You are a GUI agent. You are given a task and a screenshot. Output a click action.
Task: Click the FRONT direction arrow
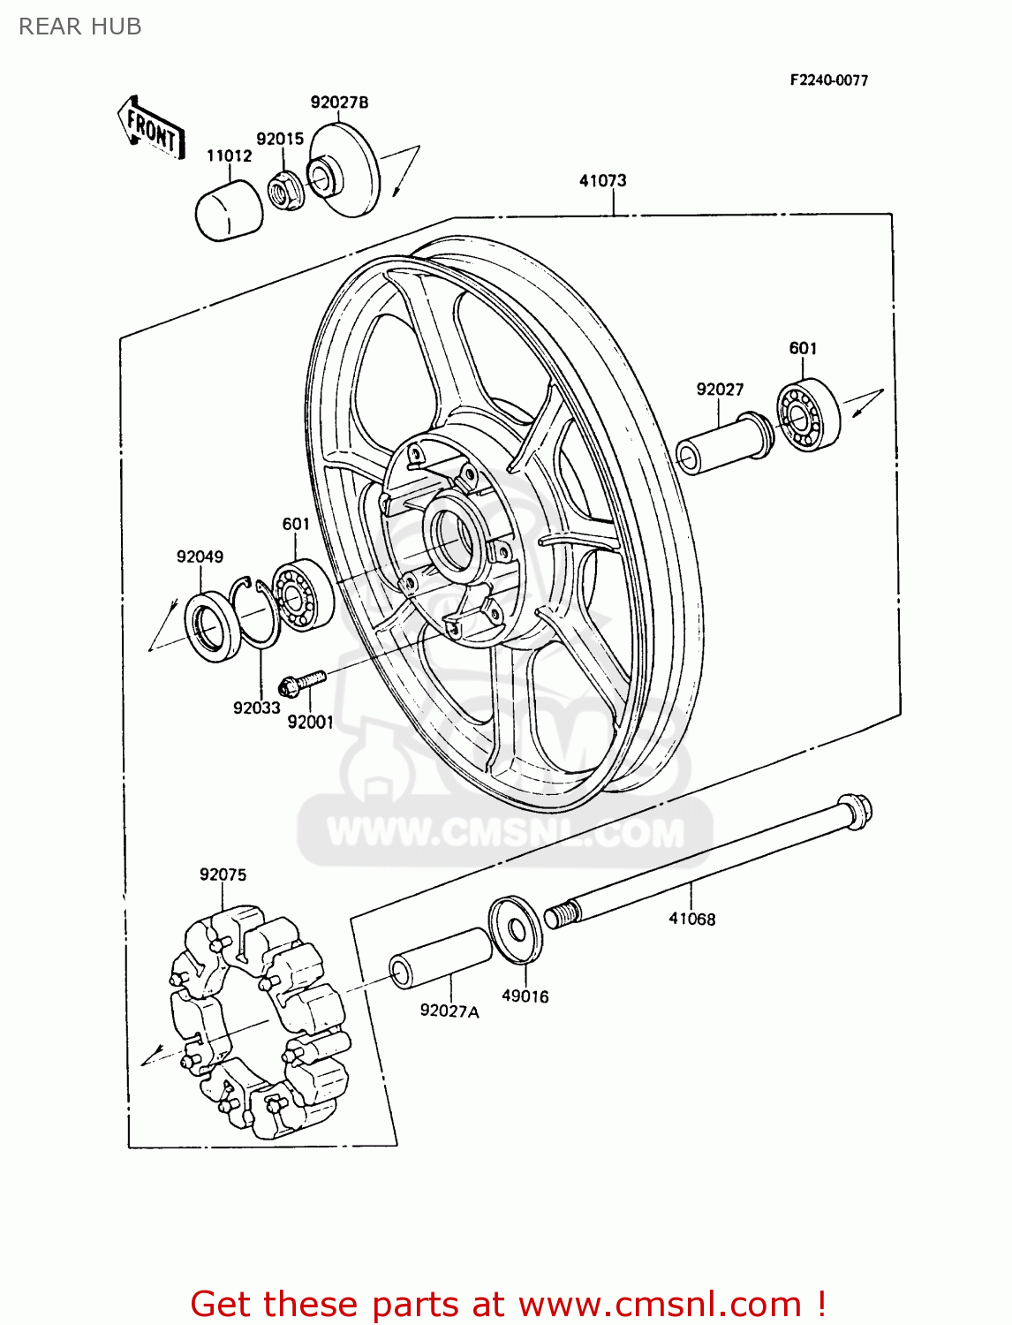click(151, 129)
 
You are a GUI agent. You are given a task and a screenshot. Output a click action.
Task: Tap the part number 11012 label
click(229, 155)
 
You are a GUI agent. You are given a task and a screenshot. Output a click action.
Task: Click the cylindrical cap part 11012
click(228, 212)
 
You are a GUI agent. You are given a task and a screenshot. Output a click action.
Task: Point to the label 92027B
click(339, 102)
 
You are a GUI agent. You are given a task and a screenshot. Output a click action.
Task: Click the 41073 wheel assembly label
click(602, 180)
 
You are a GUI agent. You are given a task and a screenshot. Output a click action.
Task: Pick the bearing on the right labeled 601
click(807, 414)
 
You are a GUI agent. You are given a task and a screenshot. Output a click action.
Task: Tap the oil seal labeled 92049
click(213, 627)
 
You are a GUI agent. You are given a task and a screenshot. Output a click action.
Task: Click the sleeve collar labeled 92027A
click(441, 959)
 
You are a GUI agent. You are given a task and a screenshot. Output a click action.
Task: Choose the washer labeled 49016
click(517, 928)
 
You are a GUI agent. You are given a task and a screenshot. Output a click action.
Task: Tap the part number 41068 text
click(691, 919)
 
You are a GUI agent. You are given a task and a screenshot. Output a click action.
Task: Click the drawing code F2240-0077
click(828, 80)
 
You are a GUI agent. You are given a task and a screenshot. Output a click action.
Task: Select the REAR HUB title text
click(80, 26)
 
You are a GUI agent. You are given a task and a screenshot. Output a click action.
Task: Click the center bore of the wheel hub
click(455, 538)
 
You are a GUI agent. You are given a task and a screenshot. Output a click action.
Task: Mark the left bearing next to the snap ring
click(301, 594)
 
